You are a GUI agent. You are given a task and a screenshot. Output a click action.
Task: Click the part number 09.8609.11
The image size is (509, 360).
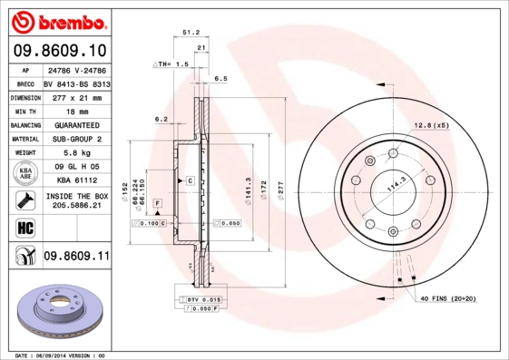76,257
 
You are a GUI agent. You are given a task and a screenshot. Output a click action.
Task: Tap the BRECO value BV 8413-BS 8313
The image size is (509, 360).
76,83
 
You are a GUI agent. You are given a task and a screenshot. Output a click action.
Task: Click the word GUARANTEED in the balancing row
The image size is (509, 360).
76,124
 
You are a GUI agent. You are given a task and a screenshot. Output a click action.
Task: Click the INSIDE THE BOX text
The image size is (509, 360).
76,195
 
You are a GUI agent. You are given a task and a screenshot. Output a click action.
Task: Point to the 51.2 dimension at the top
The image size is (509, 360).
191,31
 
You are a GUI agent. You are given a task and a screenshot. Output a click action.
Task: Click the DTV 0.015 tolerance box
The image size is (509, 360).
206,299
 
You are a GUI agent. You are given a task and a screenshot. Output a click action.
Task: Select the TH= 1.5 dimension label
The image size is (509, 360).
170,65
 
